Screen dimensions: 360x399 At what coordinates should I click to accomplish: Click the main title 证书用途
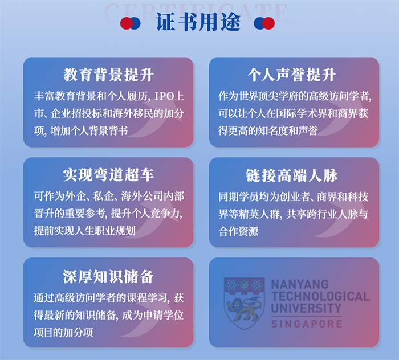tap(198, 23)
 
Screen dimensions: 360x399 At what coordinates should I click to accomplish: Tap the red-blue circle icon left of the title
tap(131, 23)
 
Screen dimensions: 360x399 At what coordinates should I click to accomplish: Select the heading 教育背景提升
tap(108, 75)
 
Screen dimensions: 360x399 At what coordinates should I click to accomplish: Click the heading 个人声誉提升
tap(292, 75)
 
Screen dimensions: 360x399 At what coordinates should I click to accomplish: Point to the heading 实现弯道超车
tap(108, 174)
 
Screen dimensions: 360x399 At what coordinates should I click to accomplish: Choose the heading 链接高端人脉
tap(292, 174)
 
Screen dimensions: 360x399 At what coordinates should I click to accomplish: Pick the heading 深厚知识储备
tap(108, 277)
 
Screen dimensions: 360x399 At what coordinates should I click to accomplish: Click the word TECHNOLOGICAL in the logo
tap(320, 296)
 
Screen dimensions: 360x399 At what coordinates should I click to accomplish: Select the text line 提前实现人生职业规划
tap(84, 231)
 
